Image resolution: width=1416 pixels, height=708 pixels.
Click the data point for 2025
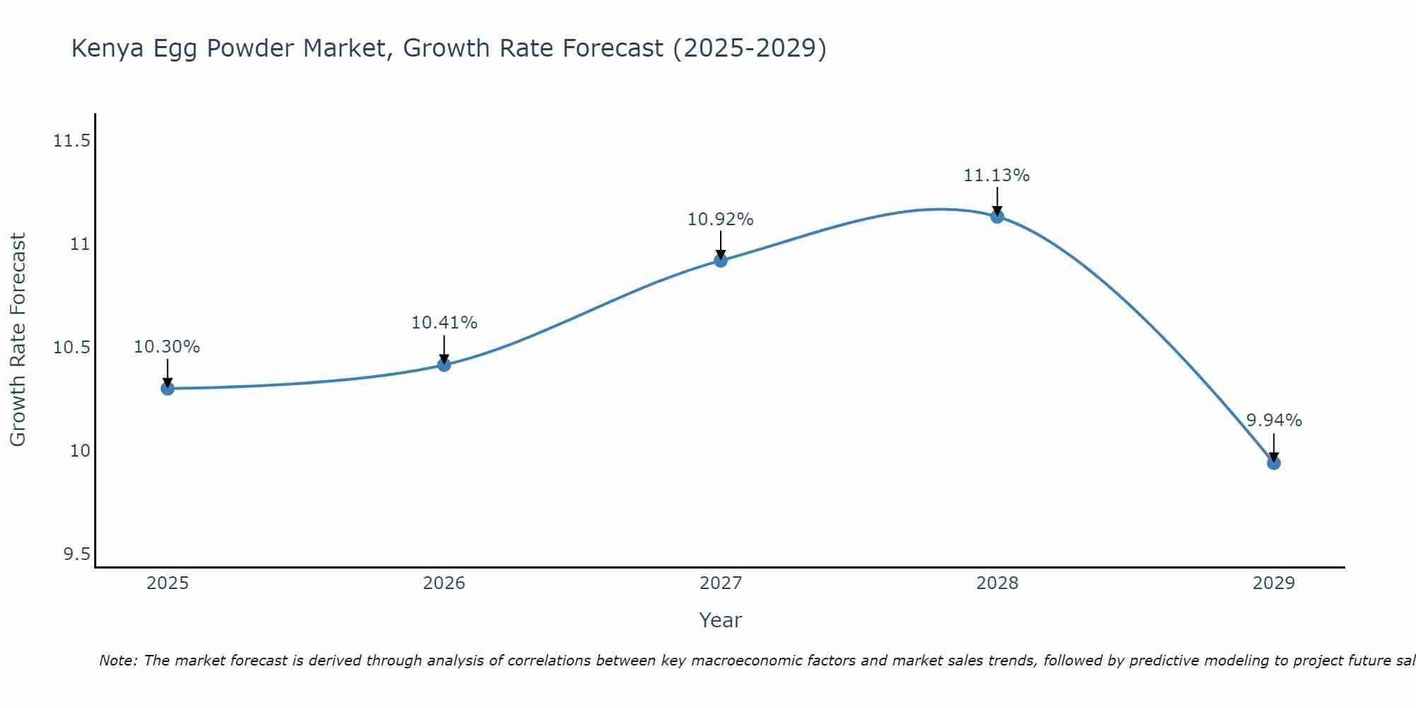167,388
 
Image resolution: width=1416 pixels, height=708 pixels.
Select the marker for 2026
444,365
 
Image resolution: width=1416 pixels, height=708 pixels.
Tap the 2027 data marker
721,260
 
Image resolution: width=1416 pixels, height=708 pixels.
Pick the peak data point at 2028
997,216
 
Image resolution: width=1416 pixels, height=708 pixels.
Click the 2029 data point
1274,462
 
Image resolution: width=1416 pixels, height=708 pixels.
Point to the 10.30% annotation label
167,347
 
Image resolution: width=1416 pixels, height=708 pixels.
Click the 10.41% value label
444,323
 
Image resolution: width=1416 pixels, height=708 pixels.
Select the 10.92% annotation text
721,219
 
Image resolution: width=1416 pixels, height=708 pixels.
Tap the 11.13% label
996,175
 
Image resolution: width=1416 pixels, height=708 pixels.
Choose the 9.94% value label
1274,421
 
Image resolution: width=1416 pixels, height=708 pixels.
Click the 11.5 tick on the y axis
72,142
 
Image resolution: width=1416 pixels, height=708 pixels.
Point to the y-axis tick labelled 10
80,451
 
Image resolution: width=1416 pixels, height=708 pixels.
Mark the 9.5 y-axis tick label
76,554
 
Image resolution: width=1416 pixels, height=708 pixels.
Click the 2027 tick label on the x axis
721,583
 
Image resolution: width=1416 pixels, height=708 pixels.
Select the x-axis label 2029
1274,583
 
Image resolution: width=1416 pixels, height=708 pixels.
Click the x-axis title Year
720,620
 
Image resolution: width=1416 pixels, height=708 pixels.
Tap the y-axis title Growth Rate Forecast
18,340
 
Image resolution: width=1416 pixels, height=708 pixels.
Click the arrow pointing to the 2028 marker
997,201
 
